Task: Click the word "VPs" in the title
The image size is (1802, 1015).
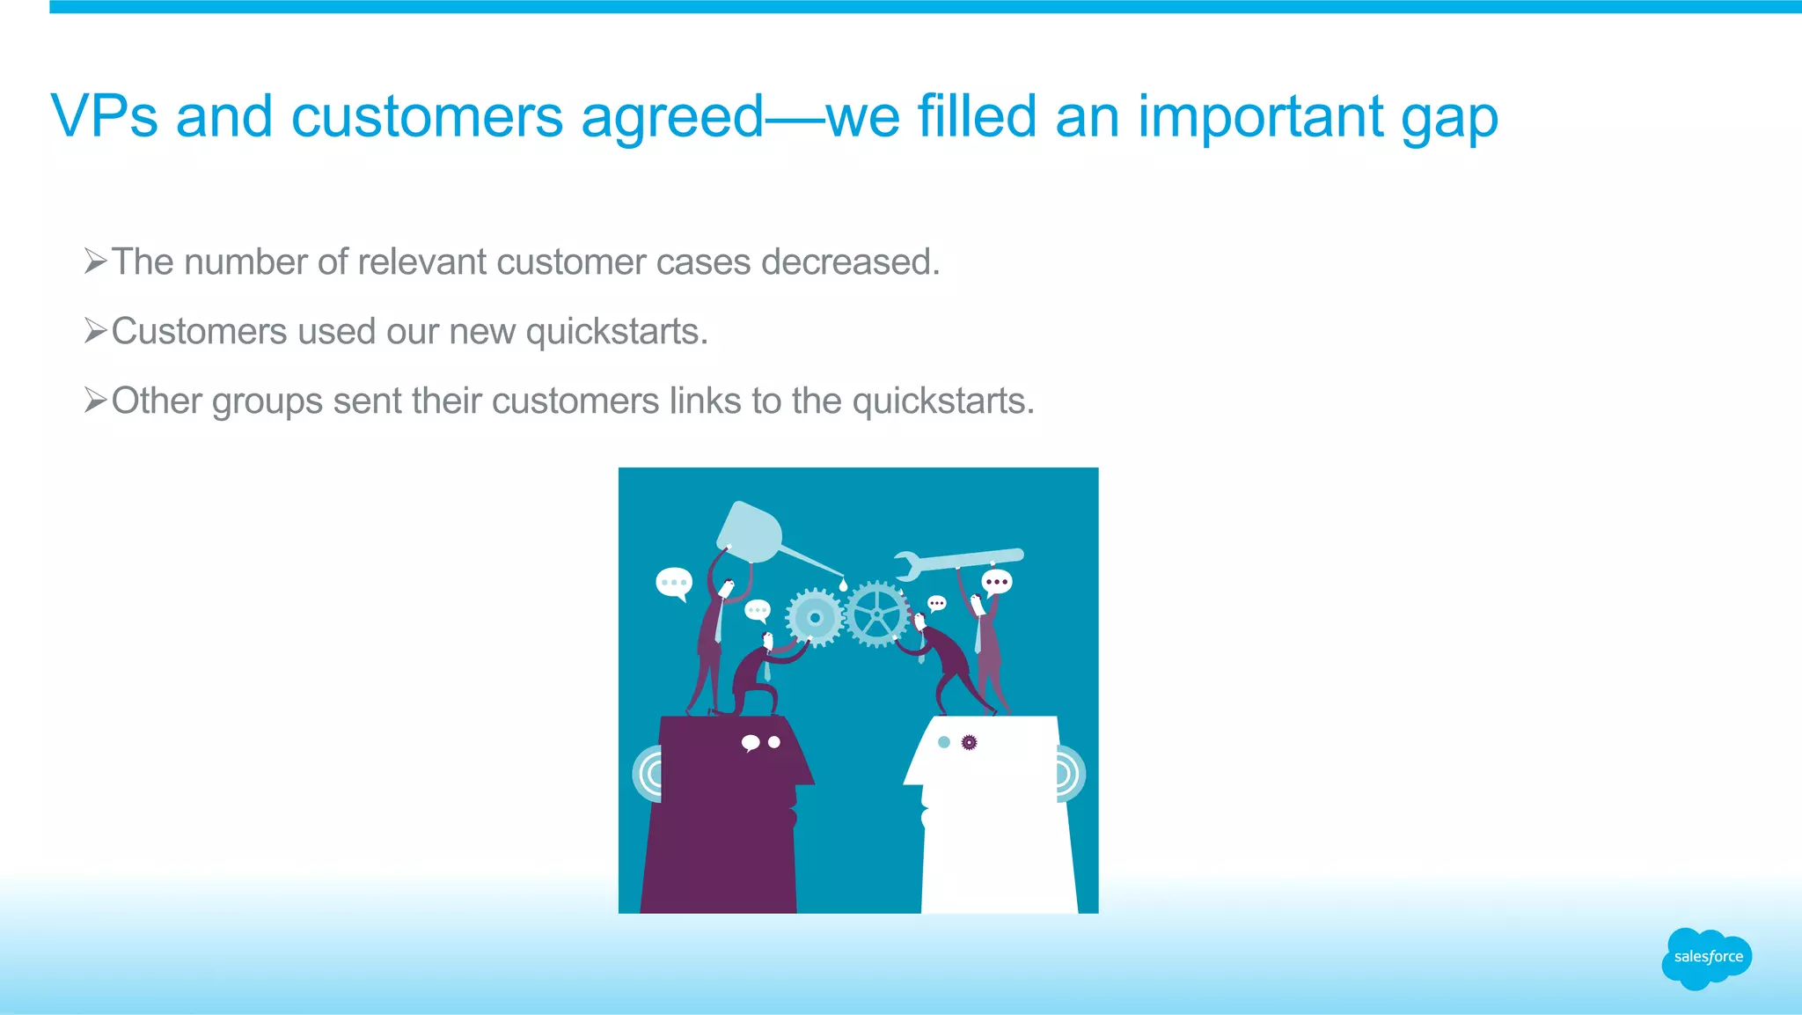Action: (x=105, y=116)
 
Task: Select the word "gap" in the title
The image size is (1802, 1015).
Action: (x=1449, y=118)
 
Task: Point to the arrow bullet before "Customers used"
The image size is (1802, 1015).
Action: (x=95, y=331)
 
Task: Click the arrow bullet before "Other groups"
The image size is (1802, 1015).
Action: (x=95, y=401)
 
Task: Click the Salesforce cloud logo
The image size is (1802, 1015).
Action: (x=1707, y=957)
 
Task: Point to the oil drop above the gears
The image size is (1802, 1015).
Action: (x=843, y=584)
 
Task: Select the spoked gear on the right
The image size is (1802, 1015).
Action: (x=877, y=614)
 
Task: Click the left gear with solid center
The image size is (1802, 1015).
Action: (x=815, y=618)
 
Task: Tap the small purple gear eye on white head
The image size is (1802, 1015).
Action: (x=969, y=742)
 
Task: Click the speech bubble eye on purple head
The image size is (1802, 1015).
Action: (x=751, y=743)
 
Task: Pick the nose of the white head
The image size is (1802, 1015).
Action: (x=912, y=775)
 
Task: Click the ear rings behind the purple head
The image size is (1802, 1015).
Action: (x=648, y=774)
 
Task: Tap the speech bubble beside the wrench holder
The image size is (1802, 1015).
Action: (x=997, y=582)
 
